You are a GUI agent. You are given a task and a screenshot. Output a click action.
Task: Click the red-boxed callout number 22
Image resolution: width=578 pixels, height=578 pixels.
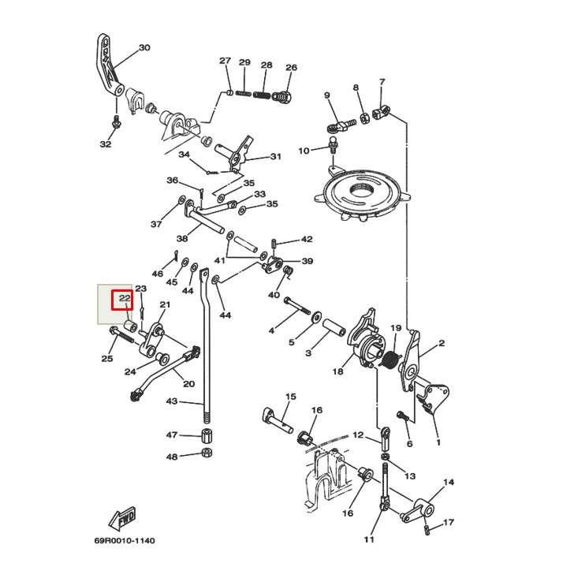(124, 299)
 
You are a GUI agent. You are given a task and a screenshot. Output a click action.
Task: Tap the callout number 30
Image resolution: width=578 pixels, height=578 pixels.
(144, 48)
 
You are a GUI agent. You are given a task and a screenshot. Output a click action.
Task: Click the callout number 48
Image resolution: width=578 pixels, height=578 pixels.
(171, 457)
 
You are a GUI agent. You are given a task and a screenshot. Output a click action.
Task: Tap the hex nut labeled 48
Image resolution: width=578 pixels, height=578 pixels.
(206, 453)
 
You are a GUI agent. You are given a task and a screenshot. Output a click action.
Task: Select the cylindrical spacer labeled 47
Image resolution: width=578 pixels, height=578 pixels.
(205, 435)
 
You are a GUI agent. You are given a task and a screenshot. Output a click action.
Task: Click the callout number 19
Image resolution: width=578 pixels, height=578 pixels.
(396, 328)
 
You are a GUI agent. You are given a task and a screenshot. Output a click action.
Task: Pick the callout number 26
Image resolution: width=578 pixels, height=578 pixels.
(291, 68)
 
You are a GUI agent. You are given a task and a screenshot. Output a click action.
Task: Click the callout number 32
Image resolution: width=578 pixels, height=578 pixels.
(106, 144)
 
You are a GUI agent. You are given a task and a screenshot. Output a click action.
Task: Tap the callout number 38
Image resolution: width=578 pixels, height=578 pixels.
(182, 238)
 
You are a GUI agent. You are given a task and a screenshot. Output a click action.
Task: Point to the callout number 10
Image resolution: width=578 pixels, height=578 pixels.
(304, 151)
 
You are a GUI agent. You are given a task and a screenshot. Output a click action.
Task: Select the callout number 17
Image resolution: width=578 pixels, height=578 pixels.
(449, 523)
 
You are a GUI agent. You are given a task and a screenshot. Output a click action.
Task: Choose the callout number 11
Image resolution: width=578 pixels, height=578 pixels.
(368, 540)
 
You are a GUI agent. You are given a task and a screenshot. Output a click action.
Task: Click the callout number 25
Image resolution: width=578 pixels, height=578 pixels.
(107, 359)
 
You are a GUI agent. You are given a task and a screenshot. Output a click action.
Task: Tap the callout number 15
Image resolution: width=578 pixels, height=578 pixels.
(290, 397)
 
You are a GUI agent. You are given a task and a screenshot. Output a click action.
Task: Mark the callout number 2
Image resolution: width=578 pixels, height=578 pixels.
(442, 343)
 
